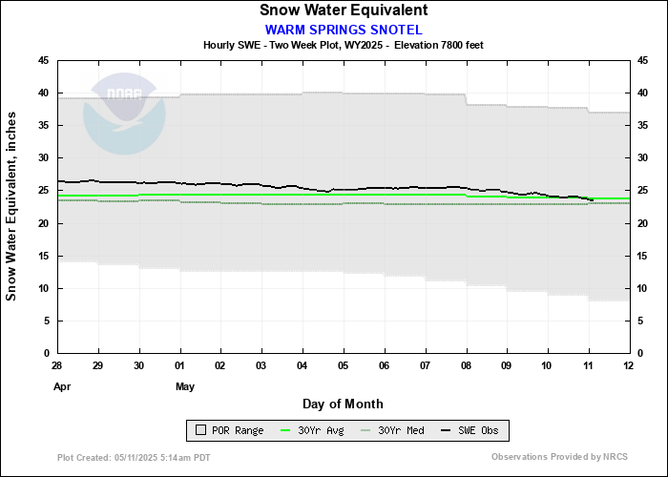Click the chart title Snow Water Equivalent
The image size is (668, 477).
tap(343, 10)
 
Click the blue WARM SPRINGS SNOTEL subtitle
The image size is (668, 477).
tap(343, 29)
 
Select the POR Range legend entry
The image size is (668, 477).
tap(228, 431)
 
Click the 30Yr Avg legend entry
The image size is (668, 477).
tap(314, 431)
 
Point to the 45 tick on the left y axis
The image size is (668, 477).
tap(44, 60)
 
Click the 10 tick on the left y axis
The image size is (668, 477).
tap(44, 288)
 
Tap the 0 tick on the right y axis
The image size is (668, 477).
tap(639, 354)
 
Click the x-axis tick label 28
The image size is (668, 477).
tap(57, 366)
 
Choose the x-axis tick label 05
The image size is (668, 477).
tap(344, 366)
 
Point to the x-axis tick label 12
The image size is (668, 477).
tap(629, 366)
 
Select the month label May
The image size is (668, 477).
tap(185, 386)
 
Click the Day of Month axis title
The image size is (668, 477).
tap(343, 404)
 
